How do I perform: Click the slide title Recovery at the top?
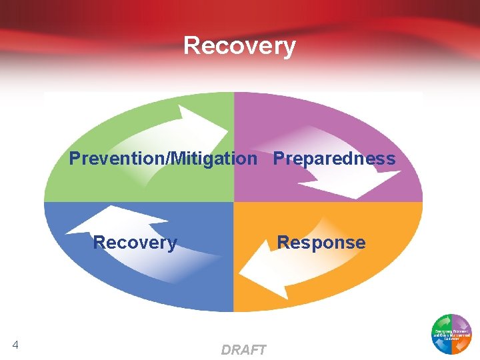239,46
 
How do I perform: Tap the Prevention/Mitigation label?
163,159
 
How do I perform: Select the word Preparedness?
334,159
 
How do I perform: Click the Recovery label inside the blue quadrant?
135,243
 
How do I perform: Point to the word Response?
321,243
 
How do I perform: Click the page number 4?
15,345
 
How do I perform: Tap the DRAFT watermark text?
243,350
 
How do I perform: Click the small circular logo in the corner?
452,333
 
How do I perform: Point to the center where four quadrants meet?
233,202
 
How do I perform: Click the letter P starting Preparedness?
279,159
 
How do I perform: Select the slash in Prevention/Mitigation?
171,159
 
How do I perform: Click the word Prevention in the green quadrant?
119,159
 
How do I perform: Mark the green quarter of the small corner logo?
441,323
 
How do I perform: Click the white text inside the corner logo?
452,333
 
